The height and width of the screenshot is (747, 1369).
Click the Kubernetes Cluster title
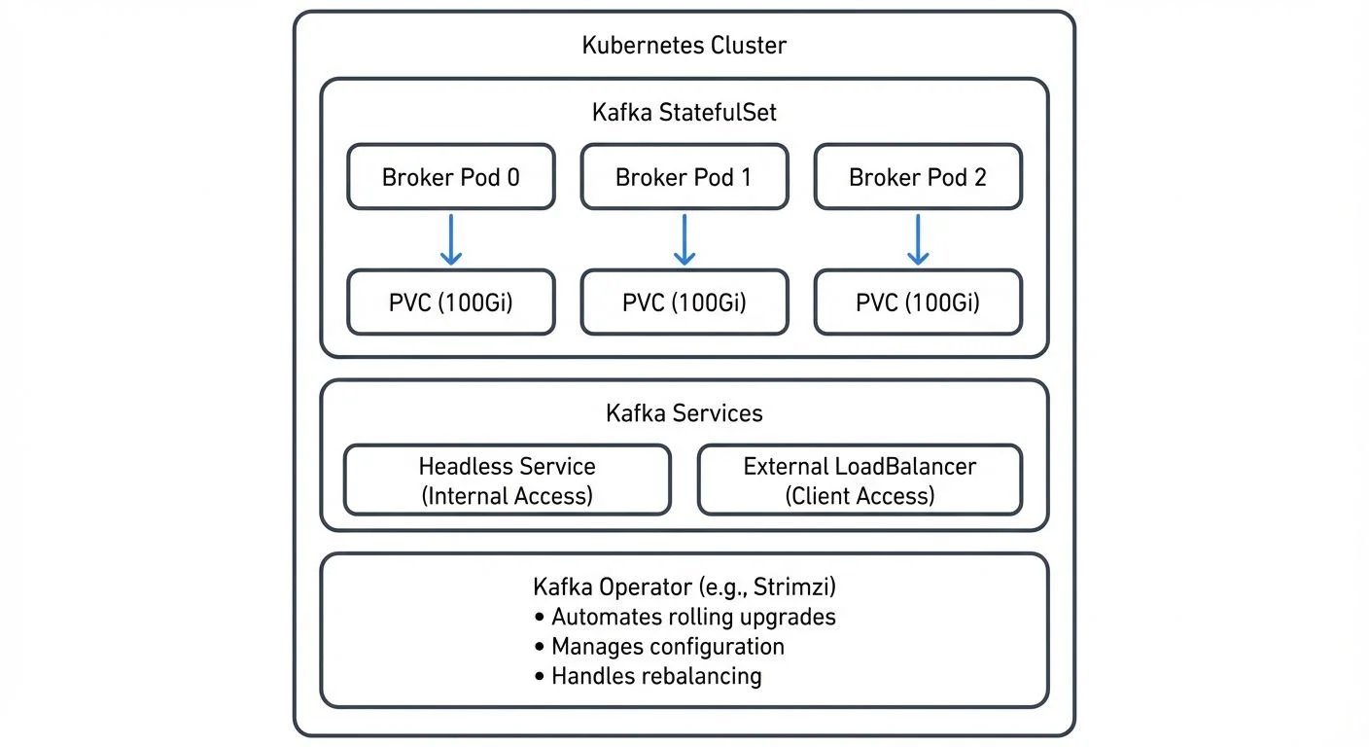[684, 45]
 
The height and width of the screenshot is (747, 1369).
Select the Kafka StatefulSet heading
[684, 112]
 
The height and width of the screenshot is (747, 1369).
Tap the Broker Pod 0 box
[451, 177]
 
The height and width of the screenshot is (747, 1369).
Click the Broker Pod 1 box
[684, 177]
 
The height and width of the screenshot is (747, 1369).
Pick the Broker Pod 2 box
[917, 177]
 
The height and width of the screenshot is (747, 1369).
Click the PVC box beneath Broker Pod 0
[451, 302]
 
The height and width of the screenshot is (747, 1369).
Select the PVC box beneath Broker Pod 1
[684, 302]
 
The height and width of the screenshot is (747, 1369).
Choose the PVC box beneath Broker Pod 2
[917, 302]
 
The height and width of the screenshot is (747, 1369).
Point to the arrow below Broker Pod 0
[450, 239]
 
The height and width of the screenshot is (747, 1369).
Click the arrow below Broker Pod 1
[684, 239]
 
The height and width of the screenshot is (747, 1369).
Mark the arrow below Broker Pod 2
[917, 239]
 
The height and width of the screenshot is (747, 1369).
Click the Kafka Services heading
[684, 412]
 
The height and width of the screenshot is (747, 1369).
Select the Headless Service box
[507, 480]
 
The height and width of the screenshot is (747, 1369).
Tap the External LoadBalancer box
[860, 480]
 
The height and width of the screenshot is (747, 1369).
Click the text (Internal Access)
[507, 495]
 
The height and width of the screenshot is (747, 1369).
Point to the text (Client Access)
[860, 495]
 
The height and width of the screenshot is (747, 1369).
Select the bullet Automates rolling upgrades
[692, 617]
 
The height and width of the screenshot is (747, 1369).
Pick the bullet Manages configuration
[667, 646]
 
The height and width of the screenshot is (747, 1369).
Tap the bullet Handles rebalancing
[655, 675]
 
